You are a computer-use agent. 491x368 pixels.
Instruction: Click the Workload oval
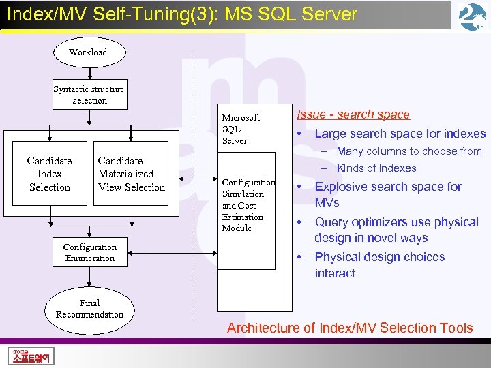click(x=88, y=52)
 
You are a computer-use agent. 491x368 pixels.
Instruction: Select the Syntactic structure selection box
click(x=89, y=95)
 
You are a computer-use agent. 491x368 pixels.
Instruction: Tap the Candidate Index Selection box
click(x=49, y=174)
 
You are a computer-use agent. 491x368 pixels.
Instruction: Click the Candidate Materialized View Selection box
click(x=131, y=174)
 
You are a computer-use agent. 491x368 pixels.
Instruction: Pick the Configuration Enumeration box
click(x=89, y=252)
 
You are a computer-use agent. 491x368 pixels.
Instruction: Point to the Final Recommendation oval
click(x=89, y=309)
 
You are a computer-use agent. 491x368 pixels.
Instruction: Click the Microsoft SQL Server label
click(x=241, y=129)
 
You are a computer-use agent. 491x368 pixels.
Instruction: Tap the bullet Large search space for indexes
click(x=400, y=134)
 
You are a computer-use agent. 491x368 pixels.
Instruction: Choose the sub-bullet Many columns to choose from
click(x=408, y=151)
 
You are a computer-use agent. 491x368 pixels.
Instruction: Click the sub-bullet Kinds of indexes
click(x=376, y=168)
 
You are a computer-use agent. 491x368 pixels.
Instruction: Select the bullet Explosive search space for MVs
click(x=387, y=194)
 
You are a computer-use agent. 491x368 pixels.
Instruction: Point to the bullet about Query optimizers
click(x=396, y=230)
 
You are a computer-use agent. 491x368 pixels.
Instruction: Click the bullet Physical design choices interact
click(x=379, y=265)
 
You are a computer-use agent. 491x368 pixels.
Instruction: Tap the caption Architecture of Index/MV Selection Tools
click(x=349, y=328)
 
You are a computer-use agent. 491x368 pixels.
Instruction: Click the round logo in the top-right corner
click(x=472, y=17)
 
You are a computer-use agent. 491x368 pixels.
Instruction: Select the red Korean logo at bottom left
click(x=32, y=356)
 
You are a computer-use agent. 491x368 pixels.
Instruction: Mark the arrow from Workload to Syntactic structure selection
click(x=89, y=74)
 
